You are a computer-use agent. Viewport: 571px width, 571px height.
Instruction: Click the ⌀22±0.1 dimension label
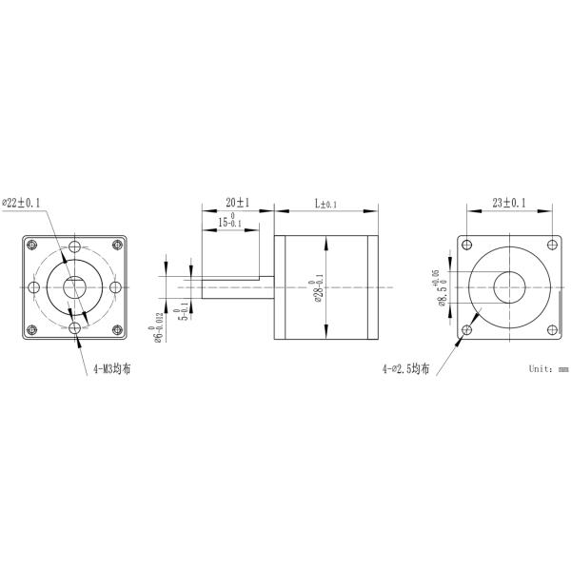click(30, 203)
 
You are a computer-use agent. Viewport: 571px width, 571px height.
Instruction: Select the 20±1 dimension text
click(237, 203)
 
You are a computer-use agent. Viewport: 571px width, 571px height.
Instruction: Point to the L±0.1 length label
click(326, 204)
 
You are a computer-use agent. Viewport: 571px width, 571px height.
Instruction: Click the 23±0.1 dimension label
click(508, 203)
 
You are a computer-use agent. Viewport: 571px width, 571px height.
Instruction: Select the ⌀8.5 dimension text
click(442, 292)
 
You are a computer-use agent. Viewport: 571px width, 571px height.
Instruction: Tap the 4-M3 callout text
click(112, 367)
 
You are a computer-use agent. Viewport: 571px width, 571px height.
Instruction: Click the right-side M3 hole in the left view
click(116, 286)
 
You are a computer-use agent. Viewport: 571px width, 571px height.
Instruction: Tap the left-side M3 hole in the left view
click(33, 286)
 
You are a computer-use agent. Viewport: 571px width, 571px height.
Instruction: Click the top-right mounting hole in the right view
click(550, 244)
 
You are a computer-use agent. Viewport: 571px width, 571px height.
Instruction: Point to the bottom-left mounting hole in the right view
click(466, 330)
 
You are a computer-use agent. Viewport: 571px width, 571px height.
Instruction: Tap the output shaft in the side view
click(233, 286)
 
